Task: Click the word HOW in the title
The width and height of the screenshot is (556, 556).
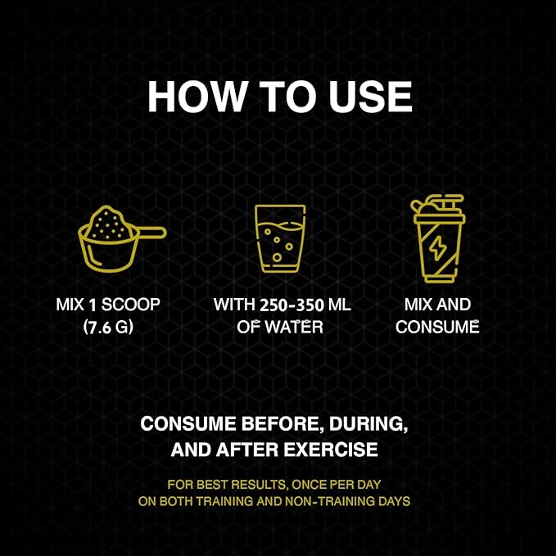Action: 197,97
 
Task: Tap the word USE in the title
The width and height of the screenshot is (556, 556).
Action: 370,97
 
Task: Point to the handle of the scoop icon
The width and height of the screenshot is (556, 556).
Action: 151,233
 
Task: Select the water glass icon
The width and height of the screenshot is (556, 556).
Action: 280,238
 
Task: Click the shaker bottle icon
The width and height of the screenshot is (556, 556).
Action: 438,238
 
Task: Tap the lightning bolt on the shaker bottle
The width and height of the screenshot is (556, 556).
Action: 436,248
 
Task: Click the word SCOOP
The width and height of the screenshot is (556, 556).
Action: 131,305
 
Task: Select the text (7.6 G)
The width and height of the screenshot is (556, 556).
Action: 108,327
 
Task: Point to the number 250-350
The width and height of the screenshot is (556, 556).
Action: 292,305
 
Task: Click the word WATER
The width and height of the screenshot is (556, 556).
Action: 294,327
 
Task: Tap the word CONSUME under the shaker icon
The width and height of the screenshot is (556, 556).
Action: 437,327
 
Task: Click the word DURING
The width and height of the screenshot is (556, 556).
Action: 368,424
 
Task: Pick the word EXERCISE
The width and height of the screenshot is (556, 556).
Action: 331,450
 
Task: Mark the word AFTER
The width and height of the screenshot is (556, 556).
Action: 247,450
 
